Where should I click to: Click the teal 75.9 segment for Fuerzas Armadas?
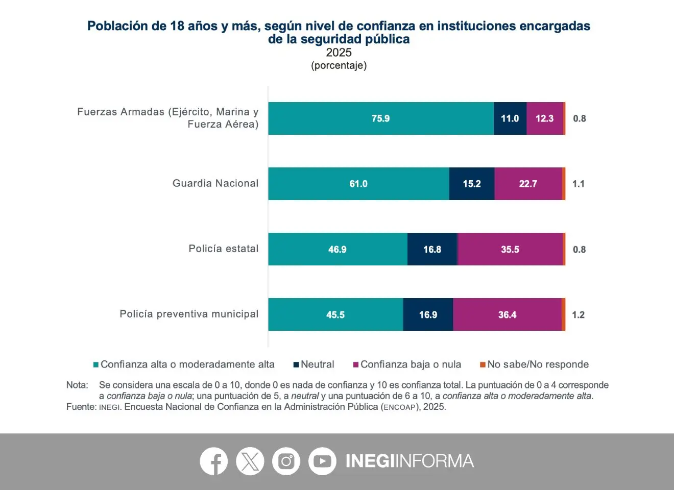click(x=380, y=118)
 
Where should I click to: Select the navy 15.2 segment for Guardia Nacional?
click(x=471, y=184)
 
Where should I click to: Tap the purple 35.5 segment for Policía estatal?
click(x=510, y=249)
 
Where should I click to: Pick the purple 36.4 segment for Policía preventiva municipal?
click(x=507, y=314)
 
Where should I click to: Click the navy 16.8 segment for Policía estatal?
click(x=432, y=249)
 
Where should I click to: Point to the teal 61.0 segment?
click(x=358, y=184)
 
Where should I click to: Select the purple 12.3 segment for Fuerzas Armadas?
click(x=544, y=118)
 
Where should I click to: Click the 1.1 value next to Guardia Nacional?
click(x=578, y=184)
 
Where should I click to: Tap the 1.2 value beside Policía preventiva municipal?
click(x=578, y=314)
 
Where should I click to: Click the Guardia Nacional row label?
click(x=215, y=183)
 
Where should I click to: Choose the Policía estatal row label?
click(x=223, y=249)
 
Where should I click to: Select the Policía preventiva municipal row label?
click(x=189, y=314)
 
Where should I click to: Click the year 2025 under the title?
click(x=339, y=53)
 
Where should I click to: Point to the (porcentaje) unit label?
click(x=339, y=65)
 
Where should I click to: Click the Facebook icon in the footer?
click(x=213, y=461)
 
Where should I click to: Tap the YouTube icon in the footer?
click(x=322, y=461)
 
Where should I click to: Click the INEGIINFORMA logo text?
click(x=410, y=461)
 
